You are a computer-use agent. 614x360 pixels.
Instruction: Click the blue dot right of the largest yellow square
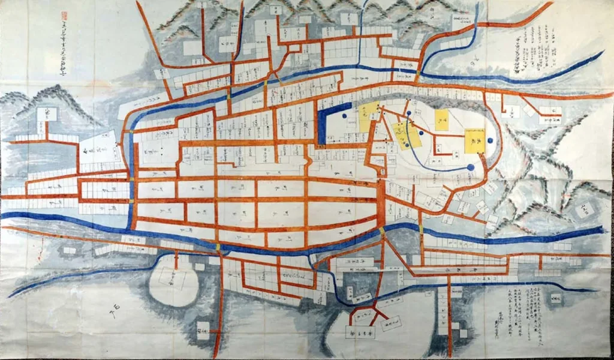pos(490,140)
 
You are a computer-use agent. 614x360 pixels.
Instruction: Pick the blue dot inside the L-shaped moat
pos(346,109)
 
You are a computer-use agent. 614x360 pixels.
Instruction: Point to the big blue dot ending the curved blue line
pos(471,167)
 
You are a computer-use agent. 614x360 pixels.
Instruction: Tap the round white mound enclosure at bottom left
pos(173,285)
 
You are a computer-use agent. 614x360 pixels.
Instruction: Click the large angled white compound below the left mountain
pos(99,150)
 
